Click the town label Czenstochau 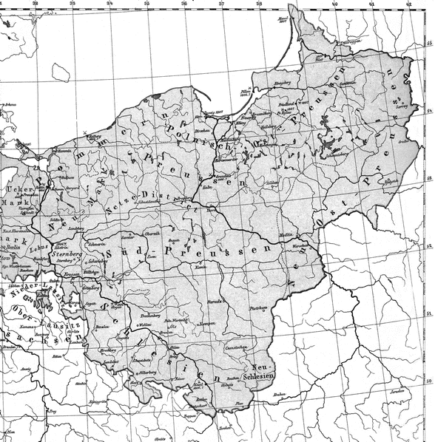coord(236,346)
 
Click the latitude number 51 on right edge coord(430,315)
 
